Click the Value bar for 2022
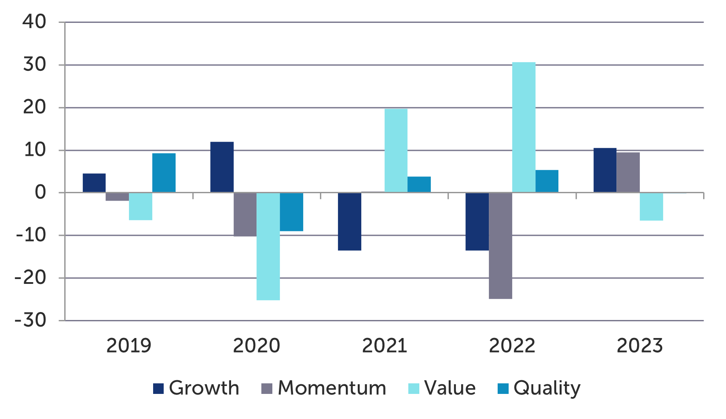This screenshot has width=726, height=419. (524, 128)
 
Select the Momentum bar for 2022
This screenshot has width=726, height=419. (500, 246)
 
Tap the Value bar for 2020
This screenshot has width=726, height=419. (268, 246)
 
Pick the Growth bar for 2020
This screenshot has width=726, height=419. (222, 167)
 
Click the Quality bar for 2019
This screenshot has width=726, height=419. (164, 173)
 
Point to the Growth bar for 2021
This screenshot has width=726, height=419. (349, 221)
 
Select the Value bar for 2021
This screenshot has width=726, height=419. (396, 151)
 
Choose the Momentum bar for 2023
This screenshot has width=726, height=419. (628, 173)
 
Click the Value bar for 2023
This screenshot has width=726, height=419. (651, 206)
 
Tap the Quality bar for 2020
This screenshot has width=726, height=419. (291, 212)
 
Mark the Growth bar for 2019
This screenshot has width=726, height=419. (94, 183)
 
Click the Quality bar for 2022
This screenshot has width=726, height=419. (546, 181)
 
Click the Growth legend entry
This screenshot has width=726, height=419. (196, 388)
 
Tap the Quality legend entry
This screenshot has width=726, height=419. (539, 388)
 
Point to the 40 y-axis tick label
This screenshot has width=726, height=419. (34, 22)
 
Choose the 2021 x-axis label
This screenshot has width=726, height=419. (384, 346)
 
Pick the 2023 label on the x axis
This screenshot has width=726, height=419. (639, 346)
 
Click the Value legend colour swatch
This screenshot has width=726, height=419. (414, 389)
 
